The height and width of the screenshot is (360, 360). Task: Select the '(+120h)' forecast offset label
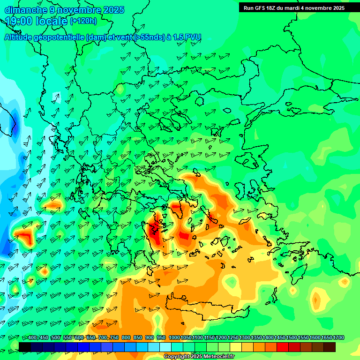click(x=83, y=21)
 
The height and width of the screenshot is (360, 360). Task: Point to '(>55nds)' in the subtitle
click(x=149, y=37)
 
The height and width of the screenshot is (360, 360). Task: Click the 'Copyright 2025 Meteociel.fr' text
click(x=199, y=357)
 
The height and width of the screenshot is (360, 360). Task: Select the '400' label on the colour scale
click(x=32, y=338)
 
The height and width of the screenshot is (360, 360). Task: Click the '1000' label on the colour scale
click(x=174, y=338)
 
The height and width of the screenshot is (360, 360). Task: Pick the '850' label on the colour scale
click(x=138, y=338)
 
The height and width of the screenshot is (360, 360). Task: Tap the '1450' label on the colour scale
click(x=279, y=338)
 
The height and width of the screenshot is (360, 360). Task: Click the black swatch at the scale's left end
click(x=25, y=347)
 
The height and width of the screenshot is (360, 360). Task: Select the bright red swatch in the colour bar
click(x=282, y=347)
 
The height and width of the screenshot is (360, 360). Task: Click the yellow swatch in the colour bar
click(x=235, y=347)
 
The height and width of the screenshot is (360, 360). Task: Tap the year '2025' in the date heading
click(x=113, y=10)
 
